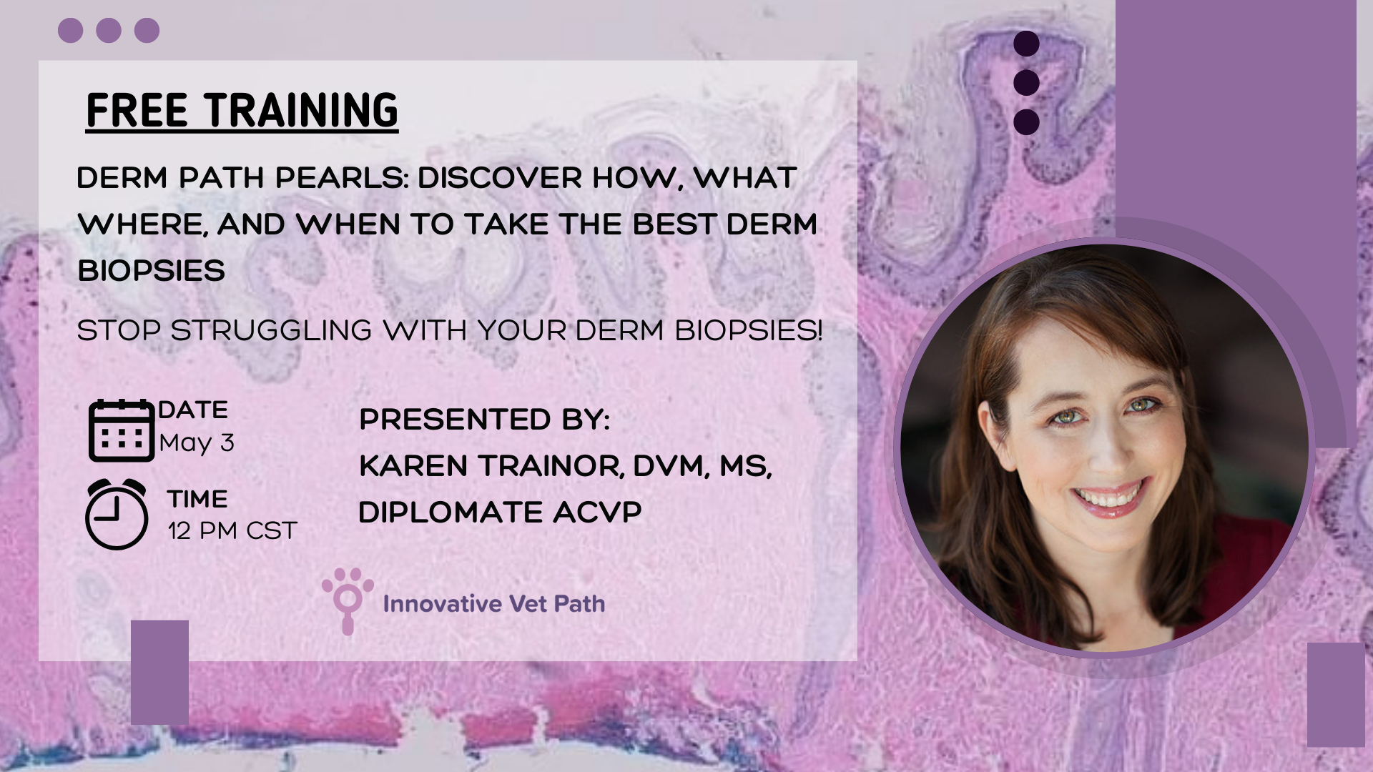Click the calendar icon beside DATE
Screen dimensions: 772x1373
pyautogui.click(x=121, y=430)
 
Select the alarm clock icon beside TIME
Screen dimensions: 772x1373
pyautogui.click(x=117, y=515)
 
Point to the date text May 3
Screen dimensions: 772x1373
pyautogui.click(x=197, y=443)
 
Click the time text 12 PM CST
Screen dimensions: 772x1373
pyautogui.click(x=232, y=531)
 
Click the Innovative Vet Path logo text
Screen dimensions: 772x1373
pyautogui.click(x=494, y=604)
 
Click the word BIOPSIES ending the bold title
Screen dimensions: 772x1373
pyautogui.click(x=152, y=271)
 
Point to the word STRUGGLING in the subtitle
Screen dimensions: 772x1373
pyautogui.click(x=272, y=331)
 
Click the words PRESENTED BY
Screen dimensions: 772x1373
pyautogui.click(x=484, y=420)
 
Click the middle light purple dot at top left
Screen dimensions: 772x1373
pyautogui.click(x=108, y=31)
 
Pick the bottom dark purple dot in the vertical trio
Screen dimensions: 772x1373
pyautogui.click(x=1026, y=122)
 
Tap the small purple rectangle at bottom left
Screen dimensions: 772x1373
pyautogui.click(x=159, y=672)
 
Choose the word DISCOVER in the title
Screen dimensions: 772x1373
pyautogui.click(x=500, y=178)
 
